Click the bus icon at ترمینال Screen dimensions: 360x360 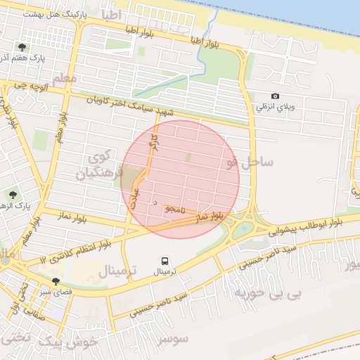[x=165, y=259]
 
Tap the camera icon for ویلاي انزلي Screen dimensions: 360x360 [x=275, y=96]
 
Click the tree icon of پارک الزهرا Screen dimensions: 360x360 [x=13, y=194]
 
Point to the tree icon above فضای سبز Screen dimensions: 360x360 [x=56, y=281]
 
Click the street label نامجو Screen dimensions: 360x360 [x=174, y=210]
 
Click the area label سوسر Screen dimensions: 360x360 [x=173, y=339]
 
